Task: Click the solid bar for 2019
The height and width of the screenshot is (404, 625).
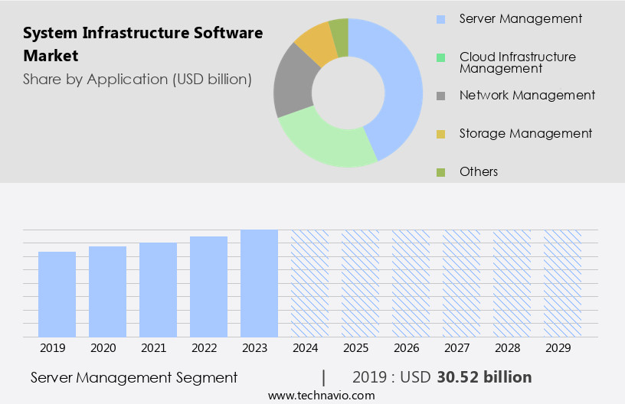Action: (57, 295)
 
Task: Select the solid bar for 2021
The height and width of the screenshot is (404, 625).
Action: (159, 290)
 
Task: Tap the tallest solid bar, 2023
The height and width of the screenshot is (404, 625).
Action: (259, 283)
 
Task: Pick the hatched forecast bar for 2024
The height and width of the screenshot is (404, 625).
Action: (309, 283)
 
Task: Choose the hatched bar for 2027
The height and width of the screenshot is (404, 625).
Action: (461, 283)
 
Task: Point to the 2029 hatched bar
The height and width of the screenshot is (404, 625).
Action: (562, 283)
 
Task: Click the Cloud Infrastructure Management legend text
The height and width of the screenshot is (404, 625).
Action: (517, 62)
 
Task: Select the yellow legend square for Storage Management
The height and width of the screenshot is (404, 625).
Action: (441, 134)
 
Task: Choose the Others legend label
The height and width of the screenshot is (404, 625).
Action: (478, 171)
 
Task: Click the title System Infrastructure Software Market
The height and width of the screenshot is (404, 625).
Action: (142, 44)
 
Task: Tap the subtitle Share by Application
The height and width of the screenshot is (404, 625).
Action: (137, 79)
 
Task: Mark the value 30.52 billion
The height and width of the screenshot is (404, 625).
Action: (483, 377)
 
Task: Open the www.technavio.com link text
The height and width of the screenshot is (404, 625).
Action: (321, 396)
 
